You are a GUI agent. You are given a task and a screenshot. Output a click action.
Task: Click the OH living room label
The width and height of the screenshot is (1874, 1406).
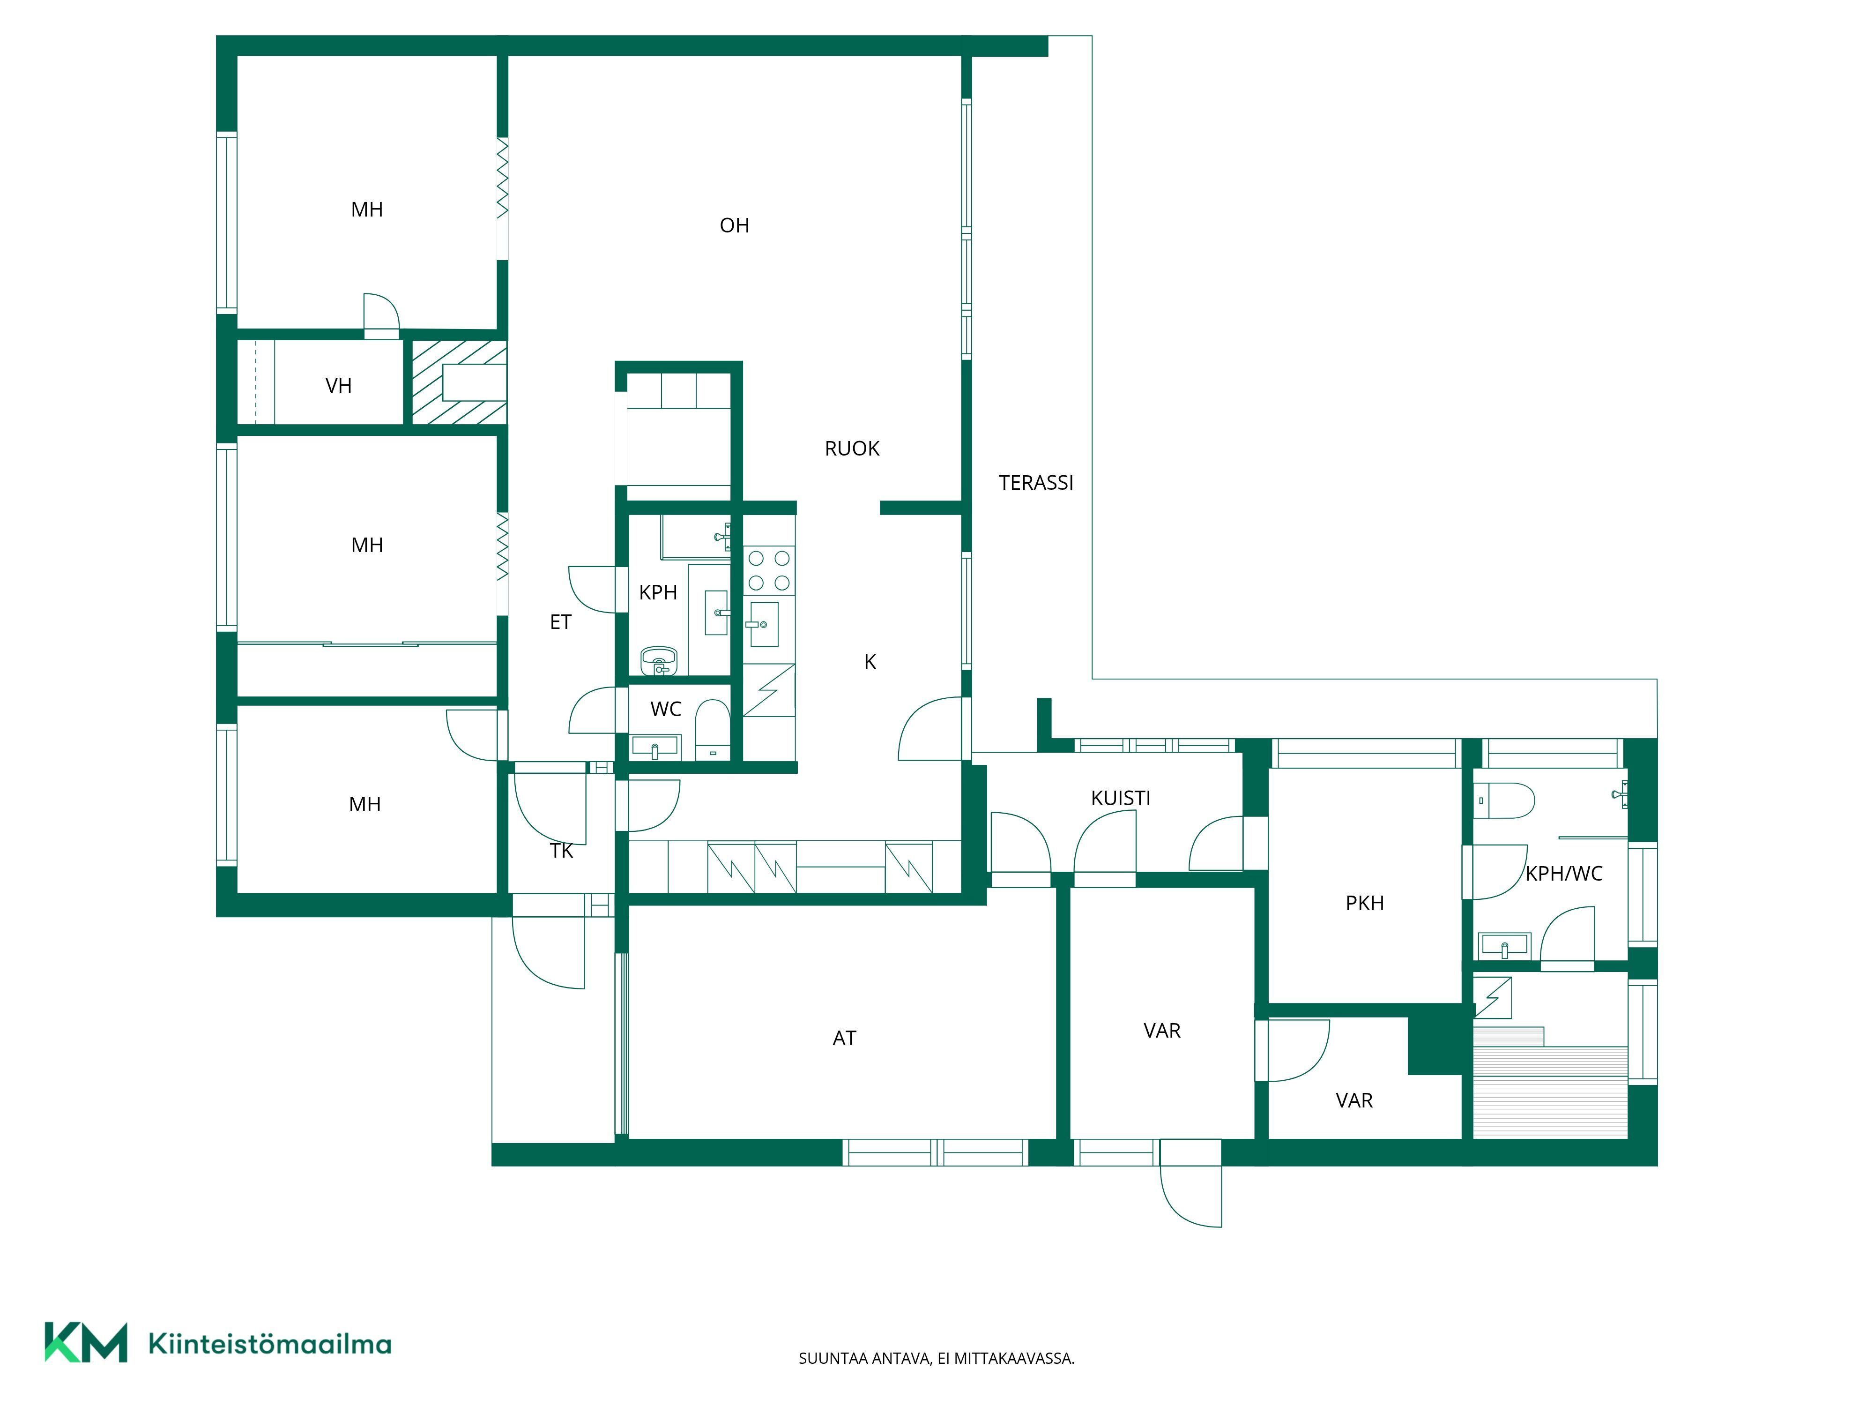[x=735, y=225]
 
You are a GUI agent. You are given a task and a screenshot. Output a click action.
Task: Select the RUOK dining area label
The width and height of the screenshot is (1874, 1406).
[x=852, y=449]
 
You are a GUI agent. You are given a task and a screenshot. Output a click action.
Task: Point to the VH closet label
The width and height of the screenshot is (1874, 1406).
[x=338, y=387]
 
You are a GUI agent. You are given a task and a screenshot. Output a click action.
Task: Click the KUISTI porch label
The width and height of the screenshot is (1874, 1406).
[x=1120, y=798]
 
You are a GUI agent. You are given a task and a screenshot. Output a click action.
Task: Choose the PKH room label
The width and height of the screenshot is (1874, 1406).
[x=1365, y=904]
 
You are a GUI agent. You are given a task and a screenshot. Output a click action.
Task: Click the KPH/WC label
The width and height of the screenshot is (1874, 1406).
[x=1564, y=874]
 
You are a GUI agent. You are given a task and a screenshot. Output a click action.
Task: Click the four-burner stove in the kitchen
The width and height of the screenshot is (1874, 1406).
[x=769, y=570]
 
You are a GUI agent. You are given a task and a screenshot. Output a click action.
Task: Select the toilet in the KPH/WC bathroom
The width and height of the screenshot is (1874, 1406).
[x=1505, y=800]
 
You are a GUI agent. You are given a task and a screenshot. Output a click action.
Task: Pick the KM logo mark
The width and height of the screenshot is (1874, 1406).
[x=86, y=1342]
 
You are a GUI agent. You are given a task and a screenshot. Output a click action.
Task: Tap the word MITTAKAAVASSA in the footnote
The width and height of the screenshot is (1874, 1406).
[x=1014, y=1359]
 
